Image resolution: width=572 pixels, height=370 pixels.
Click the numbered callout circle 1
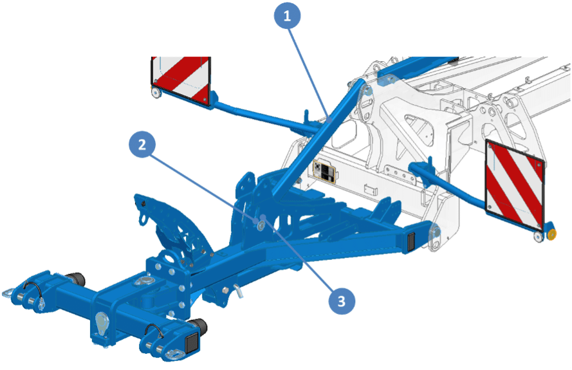(288, 15)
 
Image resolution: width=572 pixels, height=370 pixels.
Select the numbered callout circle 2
(142, 145)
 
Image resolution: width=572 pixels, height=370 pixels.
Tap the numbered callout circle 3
(342, 301)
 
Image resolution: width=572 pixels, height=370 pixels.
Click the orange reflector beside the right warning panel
(551, 235)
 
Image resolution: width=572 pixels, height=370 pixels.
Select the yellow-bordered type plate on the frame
(324, 171)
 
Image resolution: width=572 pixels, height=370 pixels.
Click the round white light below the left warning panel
(156, 93)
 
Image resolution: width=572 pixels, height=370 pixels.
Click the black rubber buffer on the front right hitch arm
(199, 325)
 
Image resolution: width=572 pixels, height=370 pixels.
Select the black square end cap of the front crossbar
(192, 343)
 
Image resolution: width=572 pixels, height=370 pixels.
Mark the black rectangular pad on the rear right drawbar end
(411, 241)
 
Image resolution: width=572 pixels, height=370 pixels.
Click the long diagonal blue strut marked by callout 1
(318, 138)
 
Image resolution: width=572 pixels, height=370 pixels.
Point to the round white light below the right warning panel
(538, 236)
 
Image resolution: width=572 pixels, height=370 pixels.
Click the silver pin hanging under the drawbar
(239, 290)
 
